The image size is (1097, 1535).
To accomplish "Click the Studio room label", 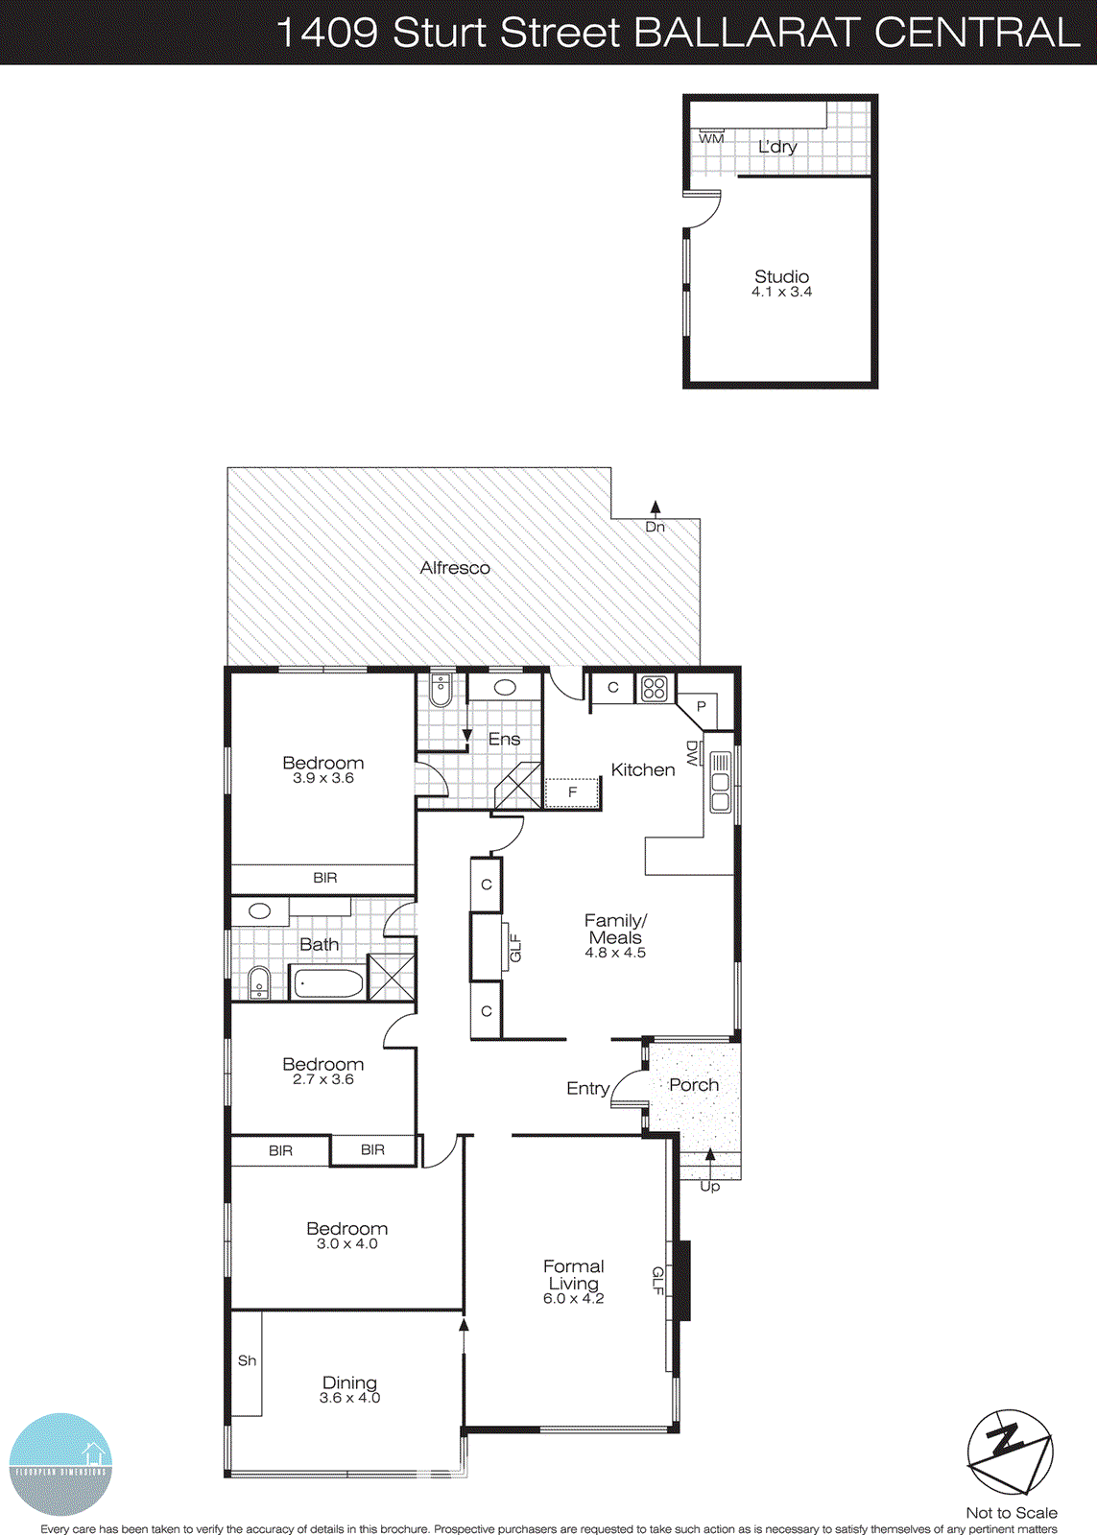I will click(781, 277).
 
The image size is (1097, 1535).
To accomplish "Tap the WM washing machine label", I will click(711, 139).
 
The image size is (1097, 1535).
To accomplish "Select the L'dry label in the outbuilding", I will click(777, 147).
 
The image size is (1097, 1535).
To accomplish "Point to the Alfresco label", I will click(455, 568).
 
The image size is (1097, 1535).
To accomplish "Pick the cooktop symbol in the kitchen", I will click(655, 688).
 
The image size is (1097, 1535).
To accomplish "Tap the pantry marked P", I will click(702, 706).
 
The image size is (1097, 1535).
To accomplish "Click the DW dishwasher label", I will click(692, 753).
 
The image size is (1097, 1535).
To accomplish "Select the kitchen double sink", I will click(720, 783).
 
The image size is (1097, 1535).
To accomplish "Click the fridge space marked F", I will click(573, 792).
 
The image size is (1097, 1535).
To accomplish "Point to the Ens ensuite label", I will click(504, 740).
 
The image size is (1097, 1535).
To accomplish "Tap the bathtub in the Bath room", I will click(328, 983).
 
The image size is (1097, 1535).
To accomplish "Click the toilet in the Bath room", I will click(257, 983).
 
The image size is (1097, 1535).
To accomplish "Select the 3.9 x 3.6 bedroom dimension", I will click(323, 778).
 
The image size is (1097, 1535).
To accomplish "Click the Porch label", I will click(694, 1085).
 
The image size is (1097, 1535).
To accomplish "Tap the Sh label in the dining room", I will click(247, 1360).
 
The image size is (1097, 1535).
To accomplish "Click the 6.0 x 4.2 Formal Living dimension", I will click(573, 1299).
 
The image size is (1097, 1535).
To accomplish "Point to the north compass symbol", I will click(1010, 1452).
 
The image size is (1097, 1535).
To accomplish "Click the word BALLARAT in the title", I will click(748, 33).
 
